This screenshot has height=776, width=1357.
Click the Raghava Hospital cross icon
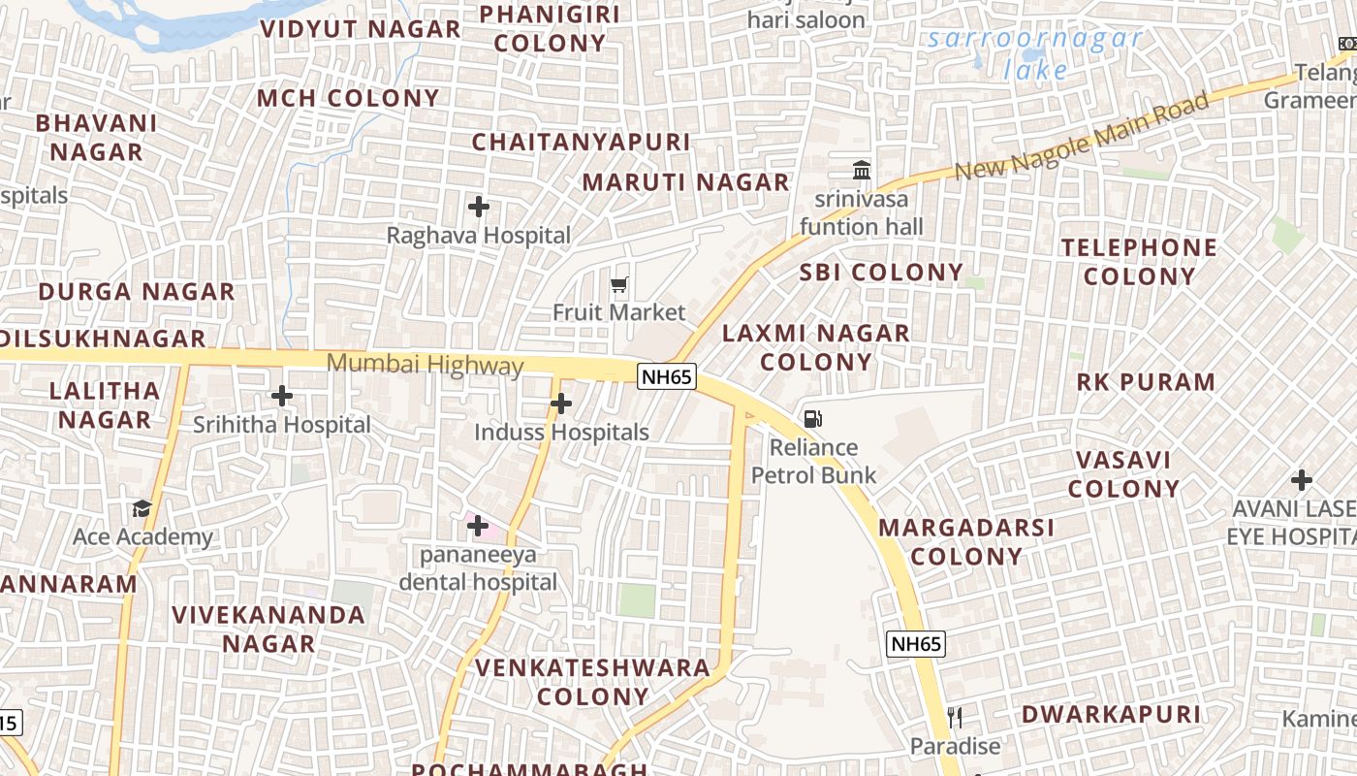click(478, 207)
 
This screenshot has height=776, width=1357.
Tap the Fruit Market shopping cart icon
click(619, 284)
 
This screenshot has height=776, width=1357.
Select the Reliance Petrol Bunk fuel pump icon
click(813, 419)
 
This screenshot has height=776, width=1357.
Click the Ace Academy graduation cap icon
click(142, 509)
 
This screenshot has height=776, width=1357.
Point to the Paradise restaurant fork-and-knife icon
click(955, 718)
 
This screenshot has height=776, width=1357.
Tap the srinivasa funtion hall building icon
click(862, 171)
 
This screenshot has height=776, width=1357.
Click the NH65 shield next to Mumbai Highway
click(667, 375)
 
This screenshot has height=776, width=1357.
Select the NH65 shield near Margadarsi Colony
click(915, 643)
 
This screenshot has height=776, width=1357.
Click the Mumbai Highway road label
click(425, 366)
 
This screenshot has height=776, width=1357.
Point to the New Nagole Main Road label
click(1082, 137)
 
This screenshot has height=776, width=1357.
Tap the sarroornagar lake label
click(1035, 54)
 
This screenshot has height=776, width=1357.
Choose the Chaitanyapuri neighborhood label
click(581, 143)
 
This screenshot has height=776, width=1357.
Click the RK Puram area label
click(1146, 382)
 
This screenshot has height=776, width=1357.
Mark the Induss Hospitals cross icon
click(560, 404)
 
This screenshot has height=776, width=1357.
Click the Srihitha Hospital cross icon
click(282, 396)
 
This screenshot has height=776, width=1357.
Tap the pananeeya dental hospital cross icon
click(478, 526)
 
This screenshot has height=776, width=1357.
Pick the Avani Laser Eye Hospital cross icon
click(1302, 480)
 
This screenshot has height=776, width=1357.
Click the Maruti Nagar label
click(685, 182)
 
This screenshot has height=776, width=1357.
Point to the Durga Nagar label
click(137, 292)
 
